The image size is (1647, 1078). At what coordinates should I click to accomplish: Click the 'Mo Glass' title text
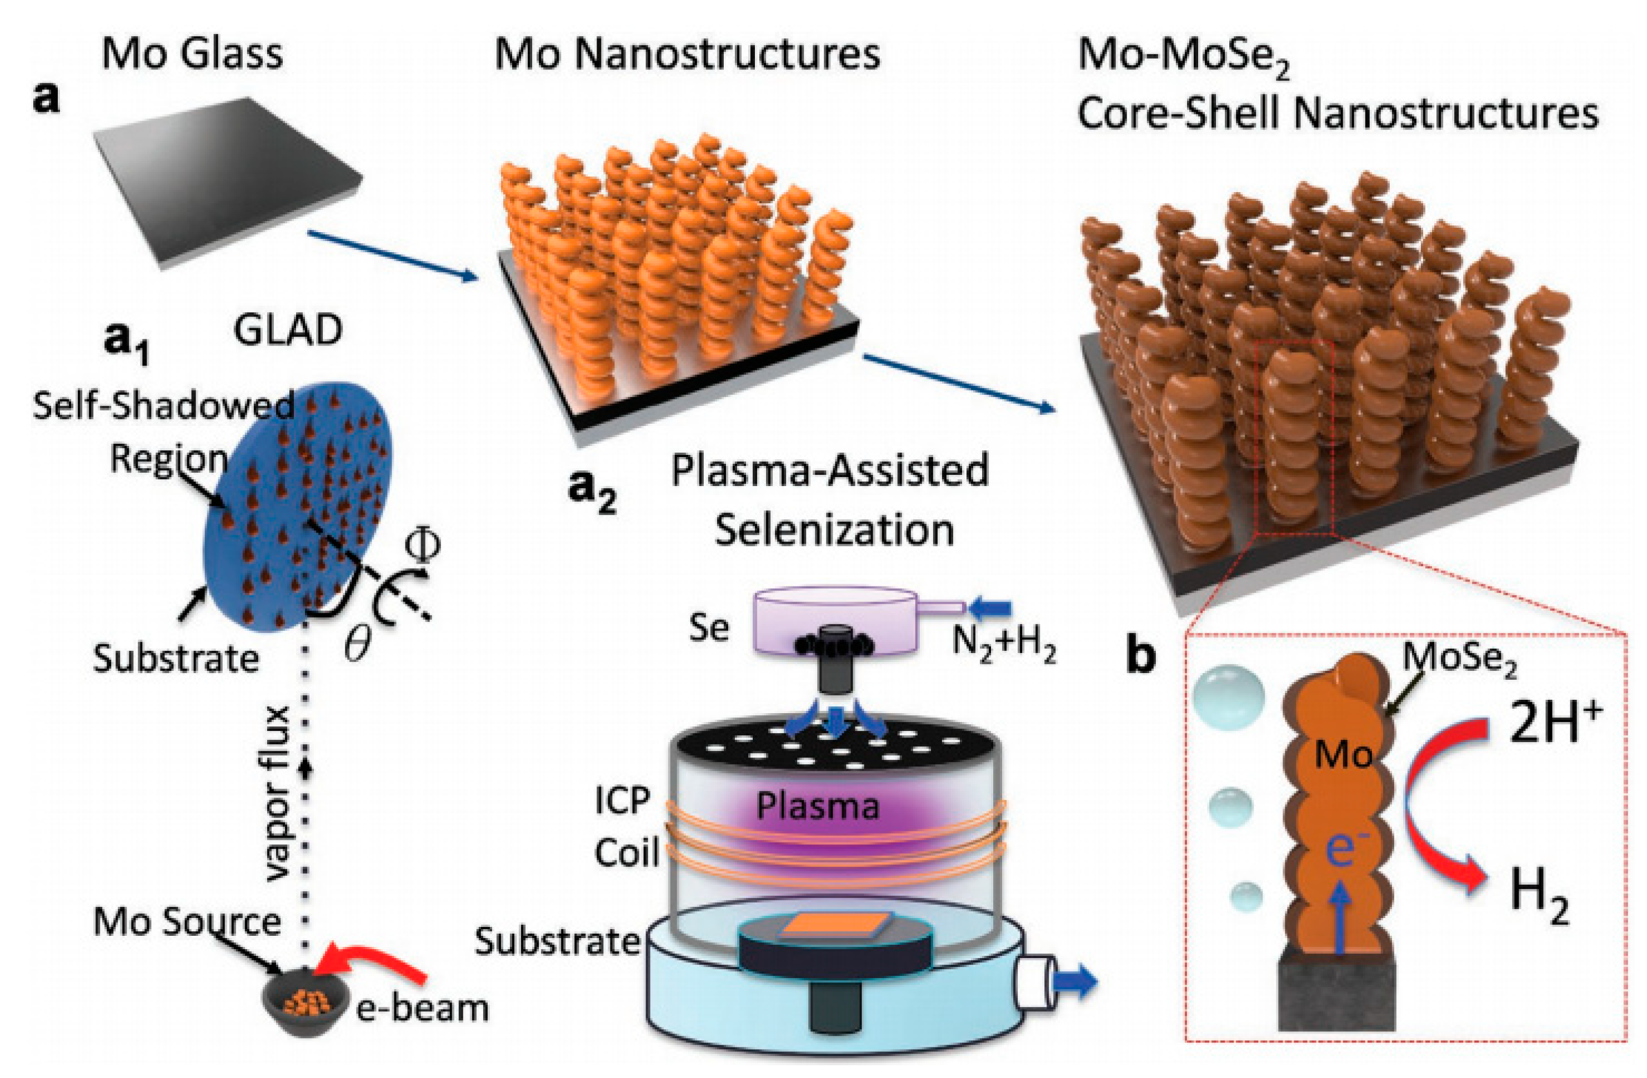(192, 54)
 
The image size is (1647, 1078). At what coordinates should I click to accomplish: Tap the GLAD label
(287, 331)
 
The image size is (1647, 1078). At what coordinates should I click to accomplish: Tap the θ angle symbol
(358, 645)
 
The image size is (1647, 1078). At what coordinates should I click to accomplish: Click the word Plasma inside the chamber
(817, 806)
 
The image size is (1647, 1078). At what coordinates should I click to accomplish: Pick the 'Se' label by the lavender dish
(709, 628)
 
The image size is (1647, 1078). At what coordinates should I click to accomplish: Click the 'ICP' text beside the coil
(622, 801)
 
